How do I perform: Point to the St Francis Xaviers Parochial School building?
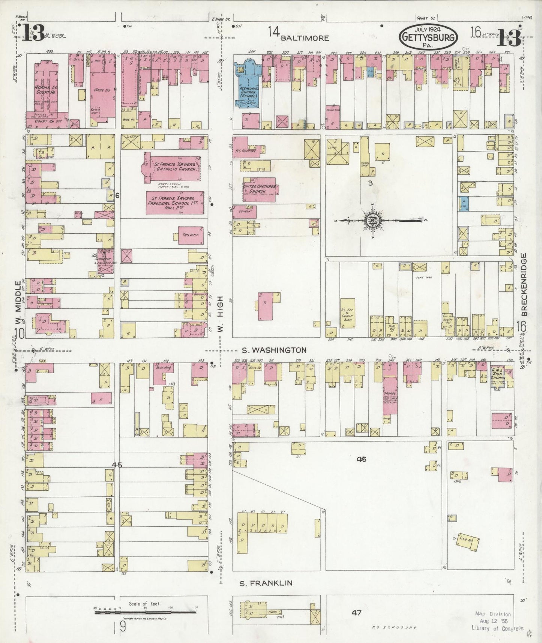(175, 203)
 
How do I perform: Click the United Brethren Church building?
(259, 189)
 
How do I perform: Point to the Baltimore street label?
(305, 38)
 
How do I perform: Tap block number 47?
(356, 613)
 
